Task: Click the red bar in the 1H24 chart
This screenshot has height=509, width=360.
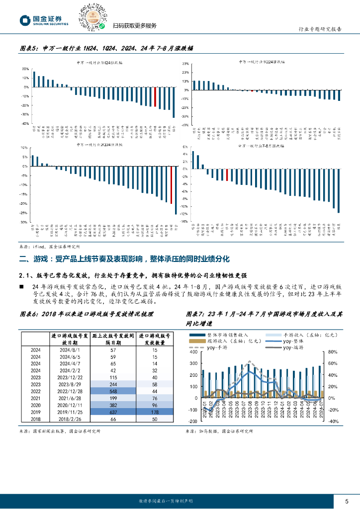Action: pos(155,97)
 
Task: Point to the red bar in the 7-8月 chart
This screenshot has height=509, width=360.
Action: pos(227,175)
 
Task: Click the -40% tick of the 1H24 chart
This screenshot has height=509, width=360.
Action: pos(24,123)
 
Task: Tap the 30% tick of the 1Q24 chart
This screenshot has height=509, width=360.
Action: pos(185,64)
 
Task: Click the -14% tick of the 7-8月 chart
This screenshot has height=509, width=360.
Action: pos(183,222)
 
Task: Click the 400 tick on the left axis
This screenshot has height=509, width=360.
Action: pos(193,352)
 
